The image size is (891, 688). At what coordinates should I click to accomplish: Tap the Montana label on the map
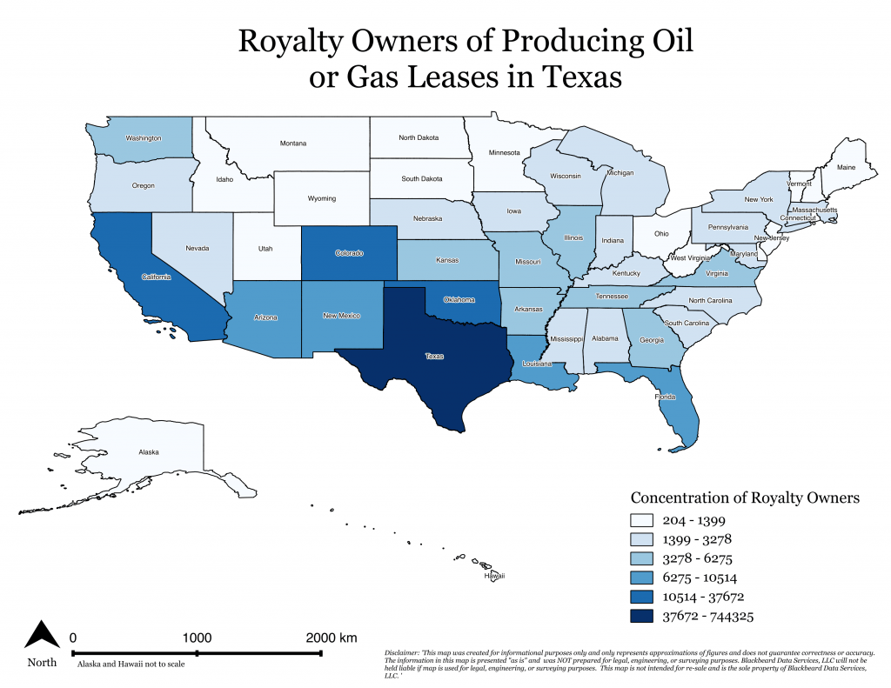click(292, 144)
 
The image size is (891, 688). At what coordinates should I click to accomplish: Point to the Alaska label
click(149, 452)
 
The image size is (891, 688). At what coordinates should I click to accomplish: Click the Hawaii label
click(494, 576)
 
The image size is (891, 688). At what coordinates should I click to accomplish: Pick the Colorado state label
click(350, 253)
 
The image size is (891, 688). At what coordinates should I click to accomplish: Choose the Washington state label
click(144, 138)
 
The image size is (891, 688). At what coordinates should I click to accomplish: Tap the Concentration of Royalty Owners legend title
click(745, 498)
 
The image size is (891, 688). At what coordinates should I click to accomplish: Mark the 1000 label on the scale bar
click(198, 638)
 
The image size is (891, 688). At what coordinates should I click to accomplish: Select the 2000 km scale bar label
click(332, 638)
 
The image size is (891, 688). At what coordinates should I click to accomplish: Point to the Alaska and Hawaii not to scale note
click(131, 665)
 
